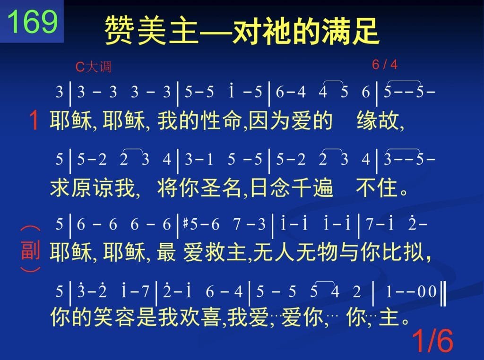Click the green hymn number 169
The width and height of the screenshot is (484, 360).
pos(33,22)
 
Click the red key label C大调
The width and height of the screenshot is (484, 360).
pos(93,67)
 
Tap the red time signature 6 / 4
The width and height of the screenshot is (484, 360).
pos(385,64)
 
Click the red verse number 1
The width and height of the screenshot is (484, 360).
pos(34,120)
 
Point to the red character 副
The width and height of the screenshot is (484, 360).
pos(30,250)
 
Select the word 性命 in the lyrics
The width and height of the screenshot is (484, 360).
pos(221,120)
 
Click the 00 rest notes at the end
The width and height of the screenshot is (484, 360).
pos(427,291)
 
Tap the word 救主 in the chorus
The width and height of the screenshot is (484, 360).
pos(225,252)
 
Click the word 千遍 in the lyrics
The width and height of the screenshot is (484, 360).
pos(312,188)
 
